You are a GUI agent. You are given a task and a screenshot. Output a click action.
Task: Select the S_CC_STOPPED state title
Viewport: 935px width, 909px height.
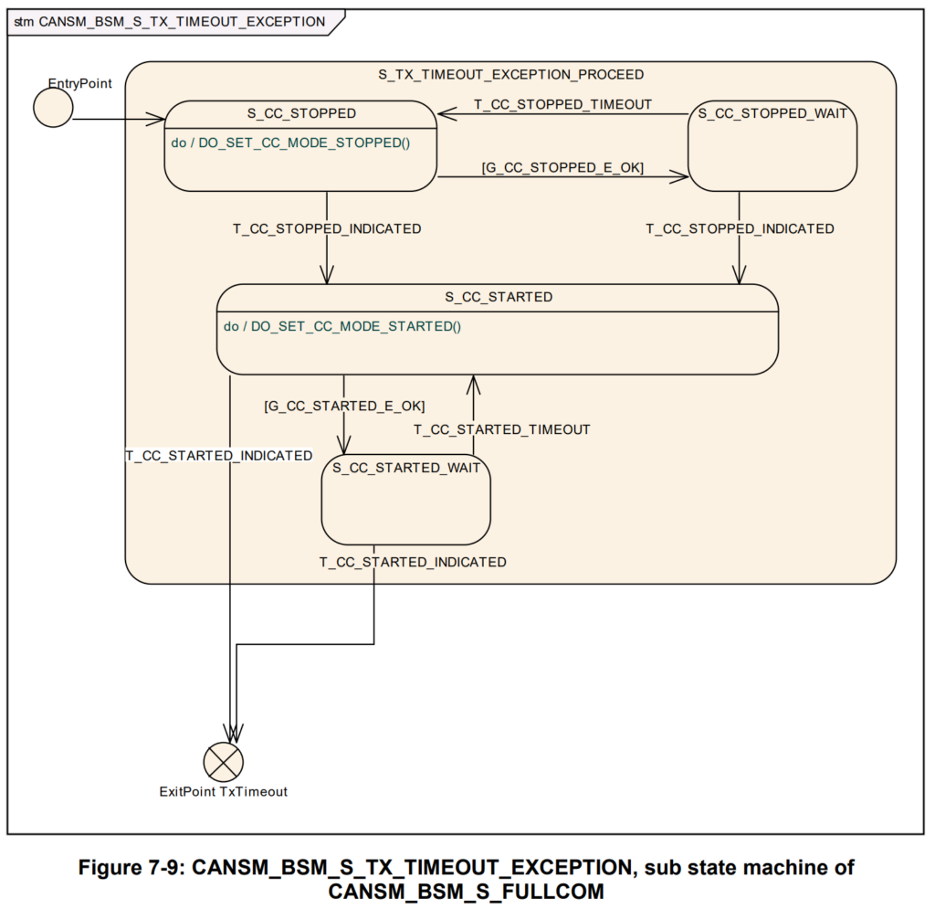301,113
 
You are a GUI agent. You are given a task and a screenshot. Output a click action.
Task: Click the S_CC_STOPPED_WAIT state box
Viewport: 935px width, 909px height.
772,151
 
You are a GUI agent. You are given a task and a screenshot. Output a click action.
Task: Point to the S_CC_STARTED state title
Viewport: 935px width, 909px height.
499,297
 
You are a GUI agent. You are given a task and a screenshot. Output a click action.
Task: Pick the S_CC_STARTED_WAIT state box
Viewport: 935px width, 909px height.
405,502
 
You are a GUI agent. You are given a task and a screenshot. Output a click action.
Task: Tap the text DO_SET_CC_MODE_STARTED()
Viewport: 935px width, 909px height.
355,325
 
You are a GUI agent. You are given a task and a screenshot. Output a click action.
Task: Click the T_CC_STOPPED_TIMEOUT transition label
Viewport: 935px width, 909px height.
562,104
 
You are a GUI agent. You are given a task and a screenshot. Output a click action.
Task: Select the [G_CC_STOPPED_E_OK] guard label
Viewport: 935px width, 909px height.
562,167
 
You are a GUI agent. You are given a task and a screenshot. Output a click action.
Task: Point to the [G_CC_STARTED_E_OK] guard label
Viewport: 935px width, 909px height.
344,405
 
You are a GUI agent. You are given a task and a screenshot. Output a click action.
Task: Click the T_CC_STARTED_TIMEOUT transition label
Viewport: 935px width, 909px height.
502,428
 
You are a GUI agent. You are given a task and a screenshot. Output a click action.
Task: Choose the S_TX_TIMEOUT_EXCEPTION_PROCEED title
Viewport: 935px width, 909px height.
510,74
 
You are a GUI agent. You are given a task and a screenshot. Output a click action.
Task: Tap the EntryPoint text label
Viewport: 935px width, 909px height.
80,83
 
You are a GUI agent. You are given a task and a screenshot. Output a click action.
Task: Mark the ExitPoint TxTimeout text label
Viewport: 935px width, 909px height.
223,791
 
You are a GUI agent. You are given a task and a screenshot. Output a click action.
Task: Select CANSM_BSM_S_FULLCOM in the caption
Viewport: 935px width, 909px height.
467,889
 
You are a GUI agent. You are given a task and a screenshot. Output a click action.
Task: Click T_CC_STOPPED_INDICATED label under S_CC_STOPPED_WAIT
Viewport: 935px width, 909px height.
740,228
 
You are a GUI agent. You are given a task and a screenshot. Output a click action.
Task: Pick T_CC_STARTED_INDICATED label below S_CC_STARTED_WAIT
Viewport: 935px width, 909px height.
413,562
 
